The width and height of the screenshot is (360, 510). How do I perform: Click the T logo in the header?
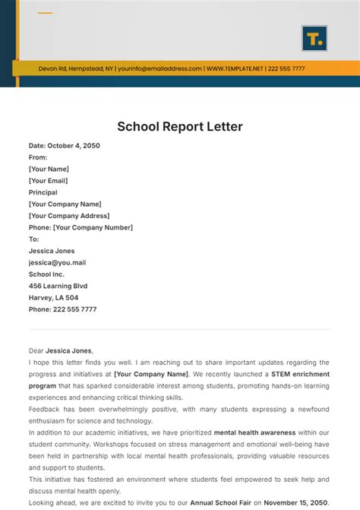(314, 38)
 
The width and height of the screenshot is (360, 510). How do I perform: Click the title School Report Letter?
(179, 126)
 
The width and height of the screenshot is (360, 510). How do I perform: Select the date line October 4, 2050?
(65, 146)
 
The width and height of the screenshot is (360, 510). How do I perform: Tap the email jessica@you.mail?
(57, 262)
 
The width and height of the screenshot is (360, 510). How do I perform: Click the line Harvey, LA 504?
(53, 297)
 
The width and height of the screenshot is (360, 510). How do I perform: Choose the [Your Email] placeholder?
(48, 181)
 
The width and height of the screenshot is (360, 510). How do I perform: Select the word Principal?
(43, 192)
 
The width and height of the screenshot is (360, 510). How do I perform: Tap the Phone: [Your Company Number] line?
(81, 227)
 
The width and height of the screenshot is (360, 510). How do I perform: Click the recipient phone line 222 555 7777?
(62, 309)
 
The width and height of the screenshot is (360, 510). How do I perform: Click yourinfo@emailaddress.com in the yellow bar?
(159, 68)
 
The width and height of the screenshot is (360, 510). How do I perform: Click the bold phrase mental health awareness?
(256, 432)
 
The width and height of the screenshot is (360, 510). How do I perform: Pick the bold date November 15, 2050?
(295, 502)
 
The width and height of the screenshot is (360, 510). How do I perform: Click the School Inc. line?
(46, 274)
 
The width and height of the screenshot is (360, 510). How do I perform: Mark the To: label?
(33, 239)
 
